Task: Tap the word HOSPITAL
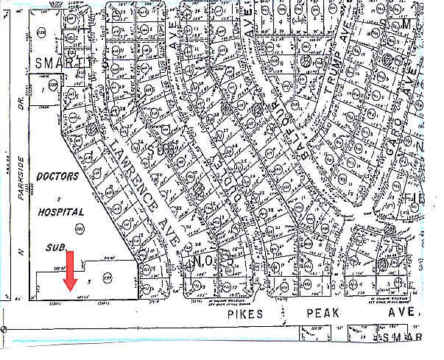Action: [x=62, y=211]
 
